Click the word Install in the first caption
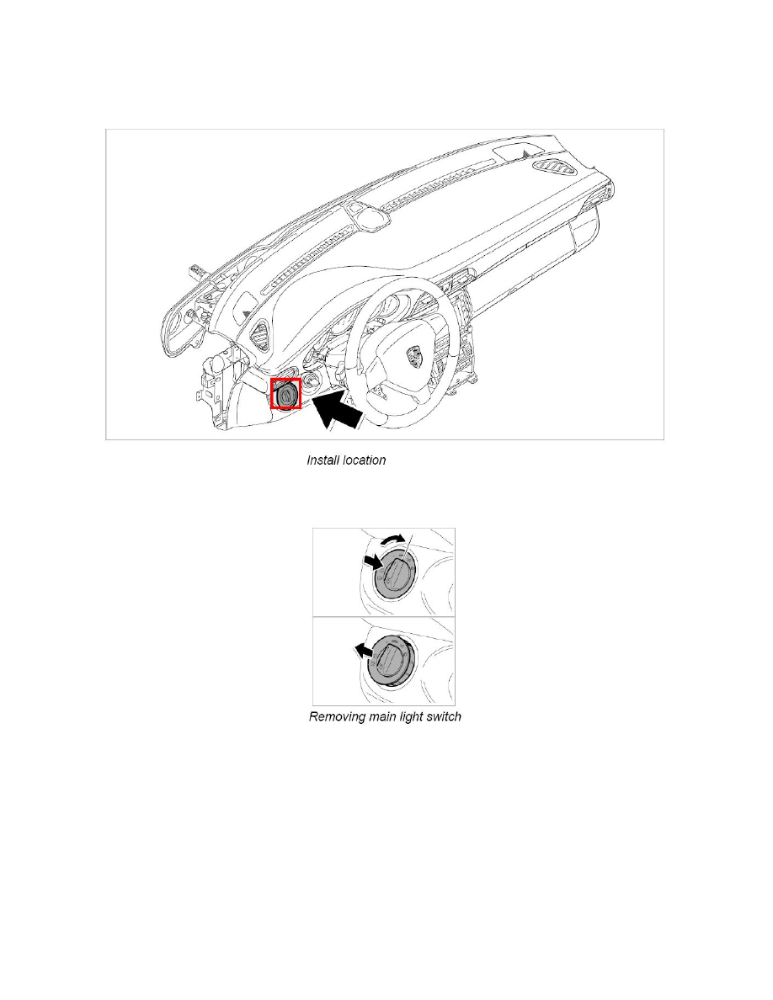click(x=322, y=460)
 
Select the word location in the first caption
click(x=363, y=460)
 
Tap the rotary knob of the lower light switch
click(x=391, y=659)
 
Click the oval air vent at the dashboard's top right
click(x=555, y=167)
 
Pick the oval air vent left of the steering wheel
click(x=261, y=332)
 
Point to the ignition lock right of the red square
click(x=312, y=380)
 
